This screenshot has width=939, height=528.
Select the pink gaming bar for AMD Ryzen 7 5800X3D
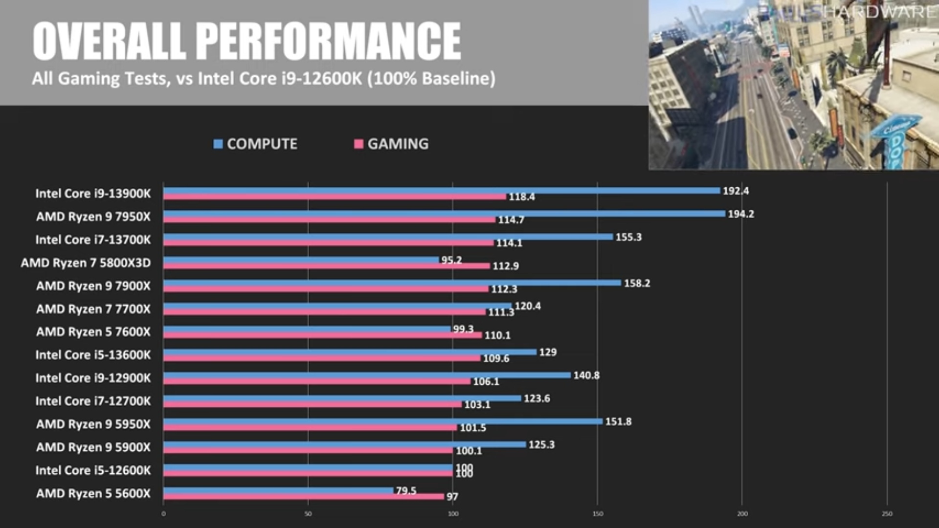(x=327, y=266)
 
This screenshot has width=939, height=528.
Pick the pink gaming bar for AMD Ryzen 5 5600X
(x=304, y=497)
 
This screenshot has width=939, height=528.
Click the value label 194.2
(x=741, y=214)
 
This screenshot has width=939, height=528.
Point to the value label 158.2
(x=637, y=284)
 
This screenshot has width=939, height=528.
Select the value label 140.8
(x=586, y=375)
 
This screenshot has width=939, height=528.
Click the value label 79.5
(x=406, y=490)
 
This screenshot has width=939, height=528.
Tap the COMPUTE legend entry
(x=255, y=144)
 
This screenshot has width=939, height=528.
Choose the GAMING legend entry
(x=391, y=144)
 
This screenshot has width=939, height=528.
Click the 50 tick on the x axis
(x=308, y=514)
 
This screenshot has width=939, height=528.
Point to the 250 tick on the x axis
(x=887, y=514)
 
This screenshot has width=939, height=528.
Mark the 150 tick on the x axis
(x=598, y=514)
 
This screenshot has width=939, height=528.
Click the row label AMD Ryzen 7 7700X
(x=93, y=309)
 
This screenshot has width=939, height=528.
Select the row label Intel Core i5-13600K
(x=93, y=355)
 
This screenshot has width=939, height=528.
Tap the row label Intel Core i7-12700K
(x=93, y=401)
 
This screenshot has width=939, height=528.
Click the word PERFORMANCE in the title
(x=329, y=41)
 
